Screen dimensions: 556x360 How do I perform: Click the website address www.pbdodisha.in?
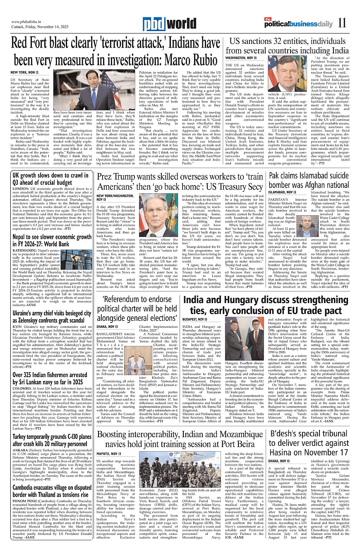28,22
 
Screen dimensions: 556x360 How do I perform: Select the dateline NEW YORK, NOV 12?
24,72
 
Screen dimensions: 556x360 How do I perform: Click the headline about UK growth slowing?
49,178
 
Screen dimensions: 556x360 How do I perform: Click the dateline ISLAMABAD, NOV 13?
282,192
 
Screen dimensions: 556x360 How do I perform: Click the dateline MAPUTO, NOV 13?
109,454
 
